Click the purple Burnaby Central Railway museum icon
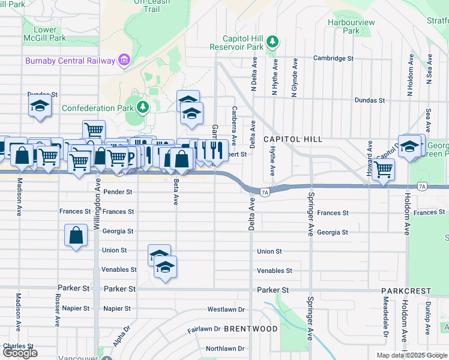[124, 60]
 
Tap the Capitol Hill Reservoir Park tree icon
[273, 41]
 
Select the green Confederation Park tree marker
[142, 108]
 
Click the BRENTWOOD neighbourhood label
[251, 329]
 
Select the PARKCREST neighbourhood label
[406, 291]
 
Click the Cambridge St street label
[333, 59]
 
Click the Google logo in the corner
[20, 353]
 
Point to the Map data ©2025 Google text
[411, 355]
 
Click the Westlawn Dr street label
[226, 310]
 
